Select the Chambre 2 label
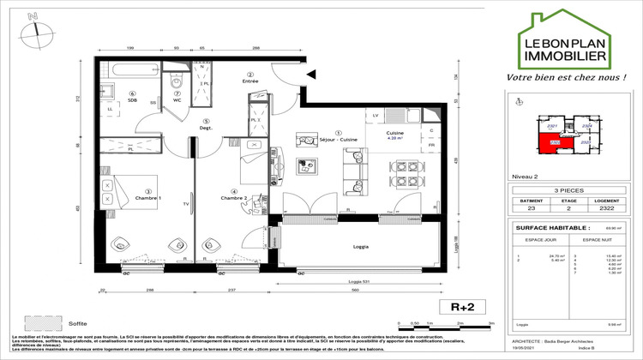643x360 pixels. pyautogui.click(x=233, y=198)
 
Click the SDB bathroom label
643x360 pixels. pyautogui.click(x=133, y=99)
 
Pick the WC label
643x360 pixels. pyautogui.click(x=177, y=99)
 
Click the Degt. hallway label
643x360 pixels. pyautogui.click(x=205, y=128)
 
